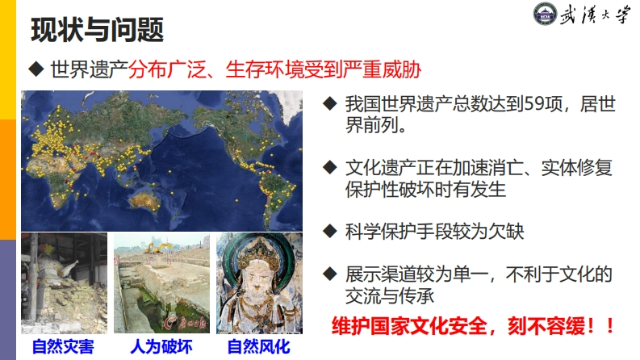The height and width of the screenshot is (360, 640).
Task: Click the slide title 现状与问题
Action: pos(97,30)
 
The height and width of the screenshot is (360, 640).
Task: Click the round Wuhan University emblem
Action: pos(545,15)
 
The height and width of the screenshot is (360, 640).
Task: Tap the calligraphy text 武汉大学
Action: pos(594,15)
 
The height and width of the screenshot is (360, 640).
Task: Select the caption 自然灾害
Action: pos(63,347)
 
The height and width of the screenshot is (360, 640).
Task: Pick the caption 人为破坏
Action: pos(161,347)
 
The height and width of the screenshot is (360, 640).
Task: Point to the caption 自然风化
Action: pos(259,347)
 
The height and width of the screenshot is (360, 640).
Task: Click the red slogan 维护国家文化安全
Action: pos(409,326)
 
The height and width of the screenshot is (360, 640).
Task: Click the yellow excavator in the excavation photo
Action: pos(158,247)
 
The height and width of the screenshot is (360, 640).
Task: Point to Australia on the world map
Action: pos(144,200)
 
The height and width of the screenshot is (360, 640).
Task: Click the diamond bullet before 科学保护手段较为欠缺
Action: pos(329,231)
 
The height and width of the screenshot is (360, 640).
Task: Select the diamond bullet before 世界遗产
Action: pos(36,69)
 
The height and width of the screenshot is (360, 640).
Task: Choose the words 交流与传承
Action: pos(389,295)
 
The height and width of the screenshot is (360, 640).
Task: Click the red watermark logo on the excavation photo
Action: pos(184,323)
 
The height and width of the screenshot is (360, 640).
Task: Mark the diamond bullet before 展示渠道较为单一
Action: pos(329,274)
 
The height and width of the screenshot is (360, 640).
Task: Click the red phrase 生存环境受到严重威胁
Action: pos(324,69)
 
